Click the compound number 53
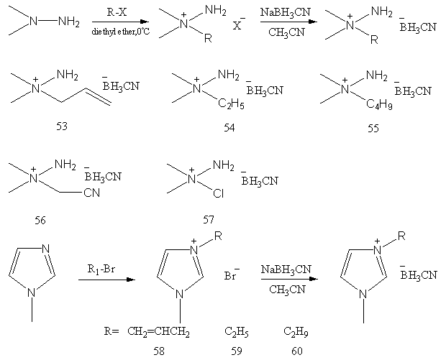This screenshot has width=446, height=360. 62,126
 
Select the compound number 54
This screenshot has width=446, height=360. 229,128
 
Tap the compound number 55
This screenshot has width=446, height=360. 373,128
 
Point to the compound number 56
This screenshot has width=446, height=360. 40,220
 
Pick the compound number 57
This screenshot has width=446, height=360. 209,220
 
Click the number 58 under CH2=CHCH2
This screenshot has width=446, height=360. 159,351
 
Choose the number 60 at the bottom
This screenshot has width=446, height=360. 297,351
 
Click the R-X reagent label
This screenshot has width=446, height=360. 117,12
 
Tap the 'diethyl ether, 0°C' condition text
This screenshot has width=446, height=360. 121,32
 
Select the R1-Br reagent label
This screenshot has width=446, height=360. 101,269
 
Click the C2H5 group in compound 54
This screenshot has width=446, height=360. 231,104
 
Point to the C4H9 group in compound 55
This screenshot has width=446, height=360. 379,104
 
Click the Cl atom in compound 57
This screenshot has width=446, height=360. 219,193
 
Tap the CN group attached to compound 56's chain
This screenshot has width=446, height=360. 92,193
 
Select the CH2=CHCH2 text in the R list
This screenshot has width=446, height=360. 158,332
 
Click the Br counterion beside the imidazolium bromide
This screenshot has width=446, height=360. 232,274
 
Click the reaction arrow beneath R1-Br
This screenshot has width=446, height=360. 106,280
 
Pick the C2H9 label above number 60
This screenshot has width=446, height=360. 296,332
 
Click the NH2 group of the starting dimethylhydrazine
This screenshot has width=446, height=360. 69,22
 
